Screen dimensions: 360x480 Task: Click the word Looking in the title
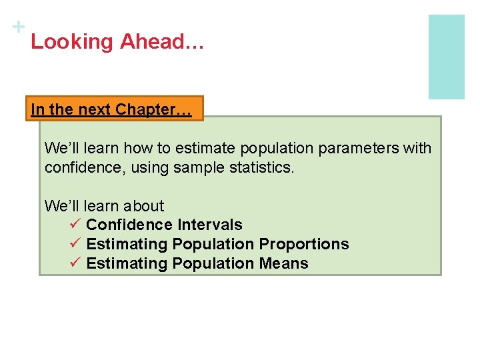tap(72, 42)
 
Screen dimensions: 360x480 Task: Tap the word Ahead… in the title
tap(162, 42)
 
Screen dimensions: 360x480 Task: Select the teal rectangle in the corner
tap(446, 57)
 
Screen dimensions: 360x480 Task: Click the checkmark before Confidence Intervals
tap(75, 225)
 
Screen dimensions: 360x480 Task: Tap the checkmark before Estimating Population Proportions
tap(75, 244)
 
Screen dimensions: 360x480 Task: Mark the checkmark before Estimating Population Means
tap(75, 263)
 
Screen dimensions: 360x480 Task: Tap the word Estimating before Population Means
tap(127, 264)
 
